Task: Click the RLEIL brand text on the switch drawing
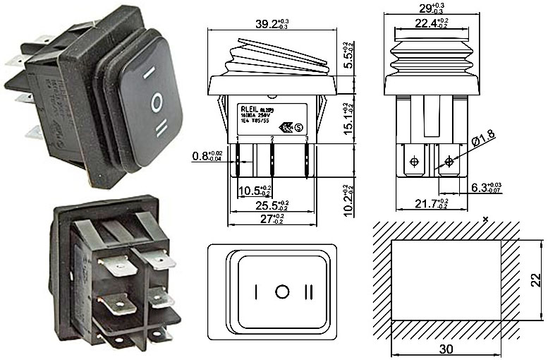tap(250, 109)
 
